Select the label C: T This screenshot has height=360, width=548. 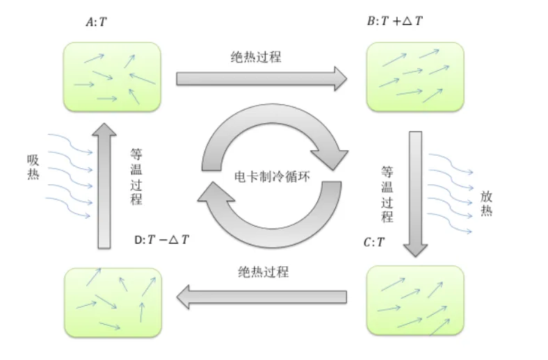point(373,243)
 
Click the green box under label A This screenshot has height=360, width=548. point(113,76)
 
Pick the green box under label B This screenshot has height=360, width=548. point(415,76)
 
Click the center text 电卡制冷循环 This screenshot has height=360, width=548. point(271,177)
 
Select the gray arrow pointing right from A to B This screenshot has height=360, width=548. point(261,77)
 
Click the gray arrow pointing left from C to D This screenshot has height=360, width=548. point(261,297)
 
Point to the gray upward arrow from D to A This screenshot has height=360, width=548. point(104,184)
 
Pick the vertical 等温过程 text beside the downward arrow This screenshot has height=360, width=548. point(387,193)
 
